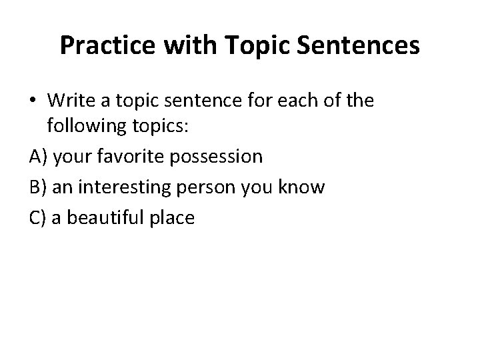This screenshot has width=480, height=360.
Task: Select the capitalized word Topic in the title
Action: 257,45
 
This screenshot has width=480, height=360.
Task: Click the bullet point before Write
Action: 35,101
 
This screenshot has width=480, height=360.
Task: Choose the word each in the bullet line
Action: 311,101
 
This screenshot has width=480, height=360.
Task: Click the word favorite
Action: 135,157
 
